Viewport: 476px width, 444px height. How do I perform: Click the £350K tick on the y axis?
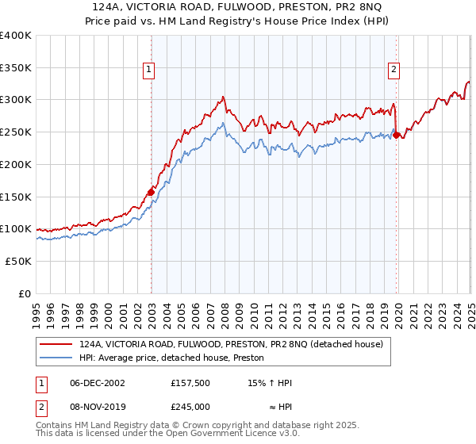[16, 68]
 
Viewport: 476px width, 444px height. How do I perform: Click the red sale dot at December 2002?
[151, 191]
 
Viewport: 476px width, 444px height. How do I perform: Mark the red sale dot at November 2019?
[397, 135]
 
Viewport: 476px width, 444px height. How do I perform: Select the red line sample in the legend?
[56, 344]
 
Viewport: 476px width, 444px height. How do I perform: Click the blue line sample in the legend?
[56, 358]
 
